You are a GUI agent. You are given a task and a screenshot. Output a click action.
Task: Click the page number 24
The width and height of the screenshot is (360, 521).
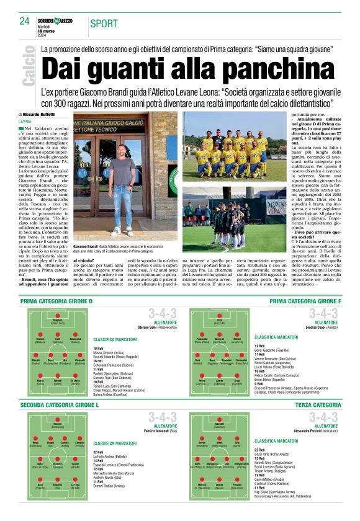click(x=25, y=20)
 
